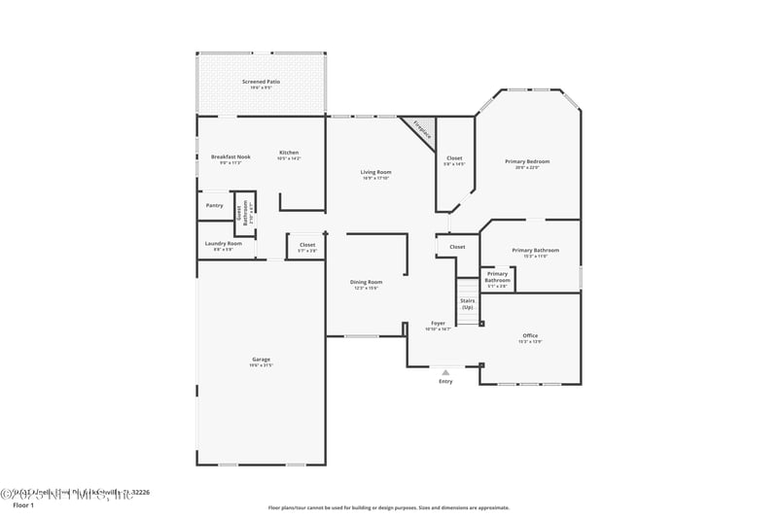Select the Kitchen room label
(x=289, y=154)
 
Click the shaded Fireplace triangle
(x=420, y=129)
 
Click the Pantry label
(x=214, y=205)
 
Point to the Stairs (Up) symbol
(x=468, y=303)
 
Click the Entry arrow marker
(x=445, y=372)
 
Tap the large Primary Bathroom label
(x=536, y=252)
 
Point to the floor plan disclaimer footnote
(x=389, y=507)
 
